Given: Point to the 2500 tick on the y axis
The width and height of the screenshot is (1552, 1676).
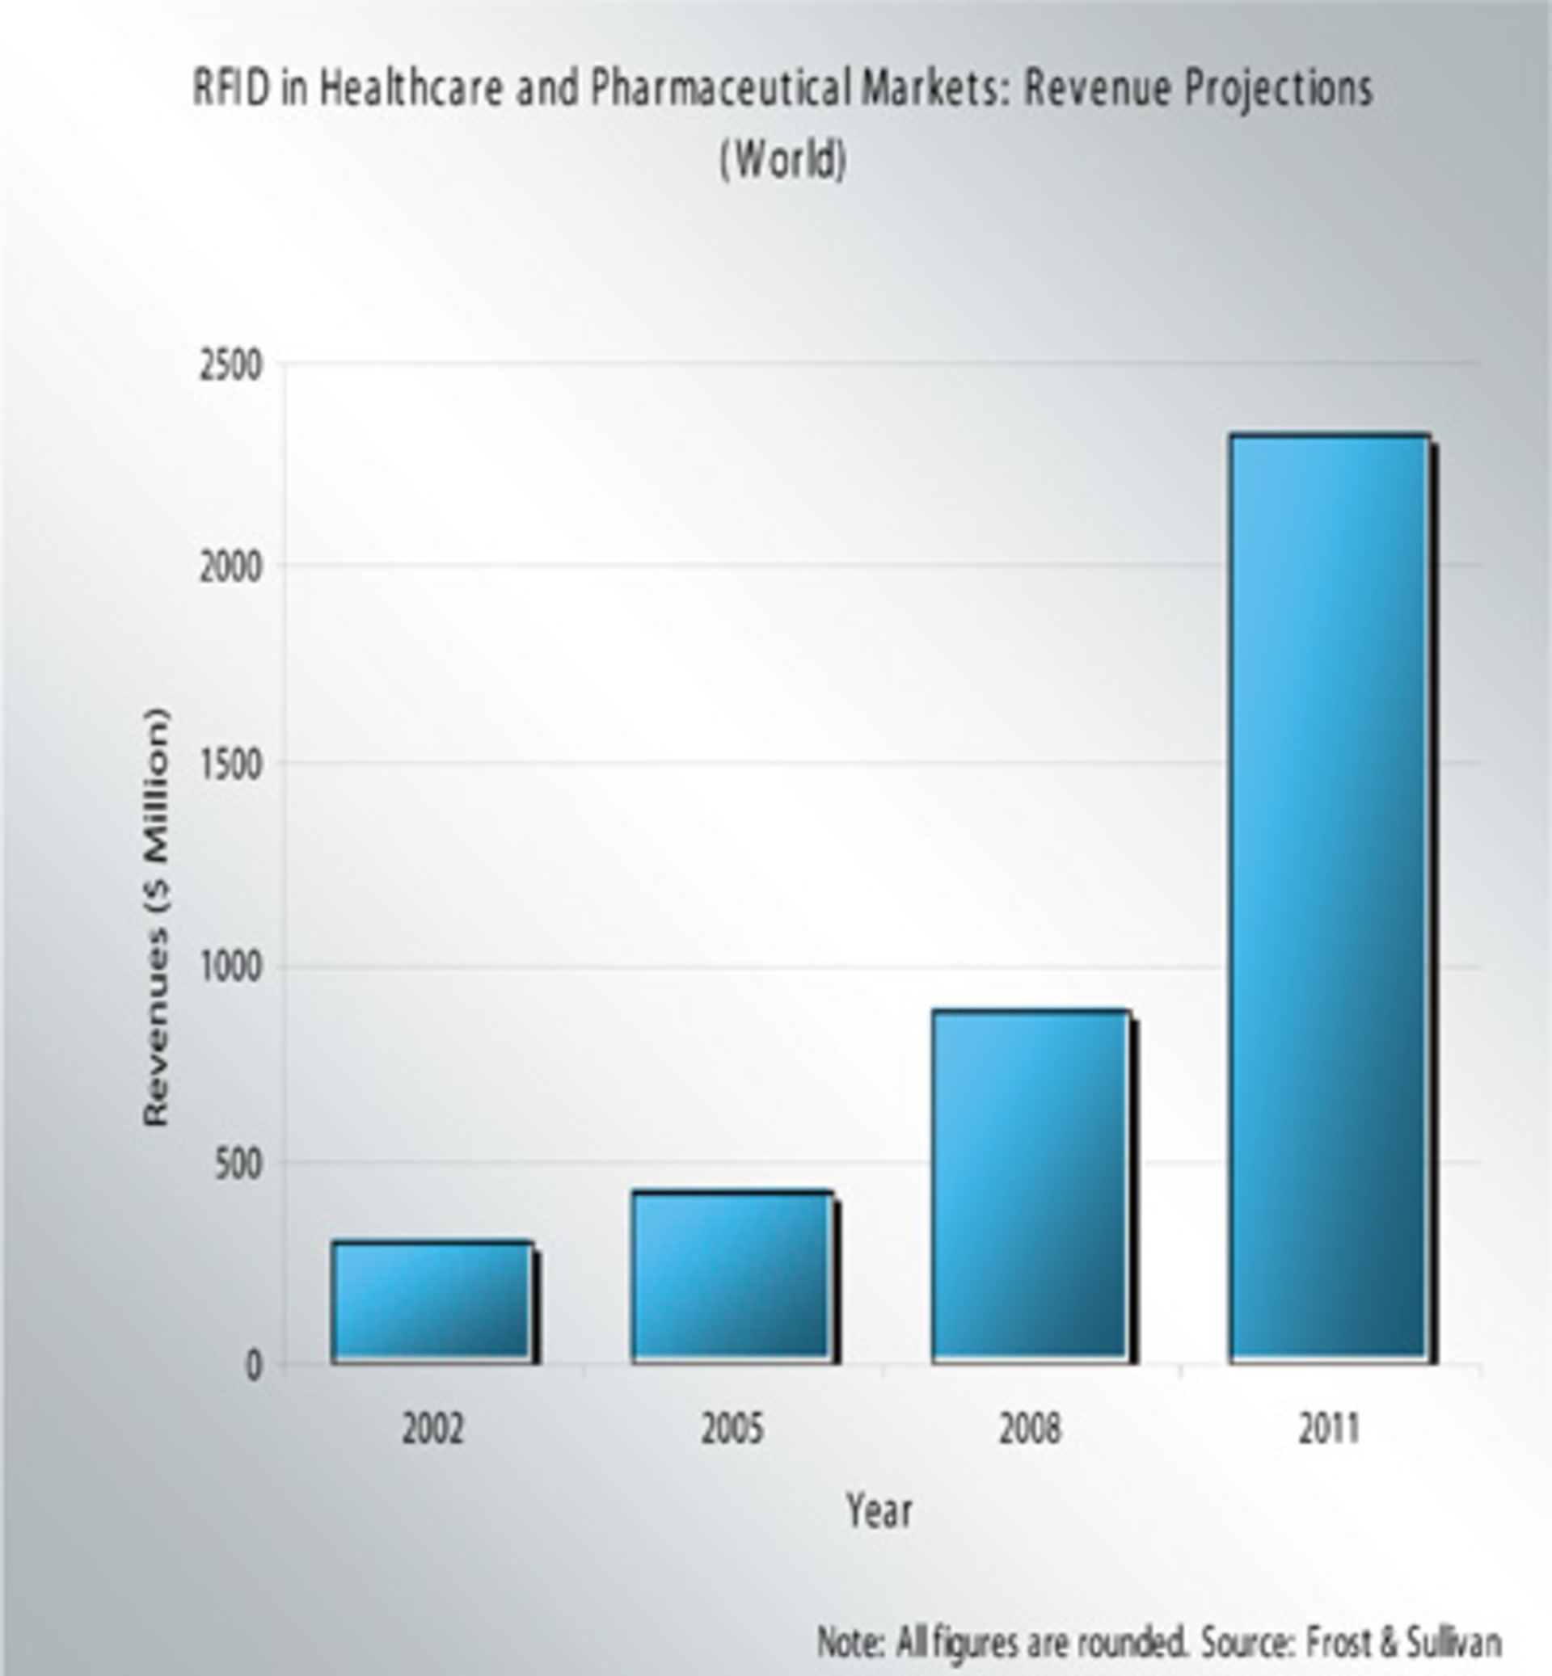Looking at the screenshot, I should coord(230,367).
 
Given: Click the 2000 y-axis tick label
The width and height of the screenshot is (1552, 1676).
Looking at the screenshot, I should coord(230,568).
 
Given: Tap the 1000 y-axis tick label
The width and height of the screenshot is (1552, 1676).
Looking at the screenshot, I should coord(230,969).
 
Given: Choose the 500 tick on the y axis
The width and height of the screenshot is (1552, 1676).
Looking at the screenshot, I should coord(238,1165).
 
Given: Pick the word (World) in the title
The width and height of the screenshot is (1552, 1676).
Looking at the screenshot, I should coord(782,159).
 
